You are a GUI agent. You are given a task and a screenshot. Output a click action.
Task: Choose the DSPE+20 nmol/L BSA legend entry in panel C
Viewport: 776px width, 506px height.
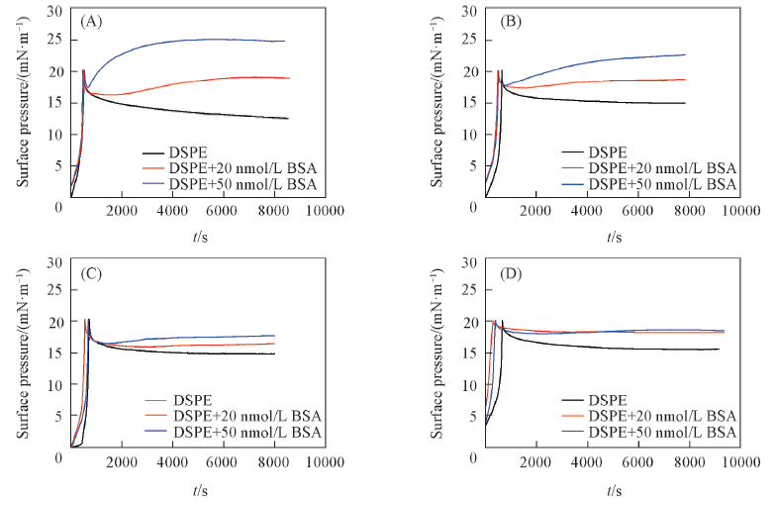coord(246,415)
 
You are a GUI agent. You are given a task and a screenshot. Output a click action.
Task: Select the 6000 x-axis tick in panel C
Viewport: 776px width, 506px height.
coord(225,461)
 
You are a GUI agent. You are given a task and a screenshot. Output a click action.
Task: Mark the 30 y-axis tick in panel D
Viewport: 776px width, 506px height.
coord(471,262)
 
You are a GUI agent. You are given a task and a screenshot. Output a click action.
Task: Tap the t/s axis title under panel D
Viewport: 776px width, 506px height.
coord(614,488)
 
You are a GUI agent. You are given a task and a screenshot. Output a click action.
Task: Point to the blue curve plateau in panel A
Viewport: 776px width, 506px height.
coord(218,40)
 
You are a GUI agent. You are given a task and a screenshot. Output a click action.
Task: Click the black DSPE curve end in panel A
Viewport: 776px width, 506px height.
coord(286,119)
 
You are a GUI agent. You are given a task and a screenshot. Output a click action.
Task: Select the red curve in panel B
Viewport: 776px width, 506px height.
coord(633,81)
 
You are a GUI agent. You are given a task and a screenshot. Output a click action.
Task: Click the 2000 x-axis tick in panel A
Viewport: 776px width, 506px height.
coord(122,210)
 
